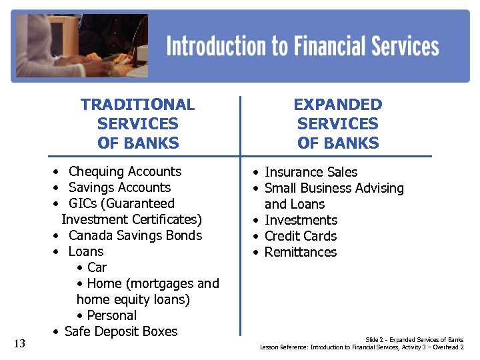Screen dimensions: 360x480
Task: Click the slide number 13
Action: [19, 343]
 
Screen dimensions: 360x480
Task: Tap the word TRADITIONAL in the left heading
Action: [138, 105]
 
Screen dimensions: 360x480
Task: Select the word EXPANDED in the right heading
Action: [338, 105]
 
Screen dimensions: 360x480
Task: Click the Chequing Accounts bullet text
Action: [125, 171]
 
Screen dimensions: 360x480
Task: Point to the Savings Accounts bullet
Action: [119, 187]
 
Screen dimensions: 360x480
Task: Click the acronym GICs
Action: [84, 203]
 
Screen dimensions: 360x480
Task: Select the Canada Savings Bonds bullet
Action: [135, 235]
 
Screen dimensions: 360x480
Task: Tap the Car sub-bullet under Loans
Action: [97, 267]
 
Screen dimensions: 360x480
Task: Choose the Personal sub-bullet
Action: [111, 315]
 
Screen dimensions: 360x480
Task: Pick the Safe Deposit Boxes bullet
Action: [121, 331]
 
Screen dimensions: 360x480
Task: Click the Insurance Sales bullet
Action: [311, 172]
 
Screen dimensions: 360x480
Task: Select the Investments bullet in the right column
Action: [301, 220]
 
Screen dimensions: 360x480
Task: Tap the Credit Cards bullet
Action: [301, 236]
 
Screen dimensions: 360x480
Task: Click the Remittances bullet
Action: [301, 252]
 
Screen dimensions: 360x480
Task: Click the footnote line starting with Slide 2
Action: [414, 340]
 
